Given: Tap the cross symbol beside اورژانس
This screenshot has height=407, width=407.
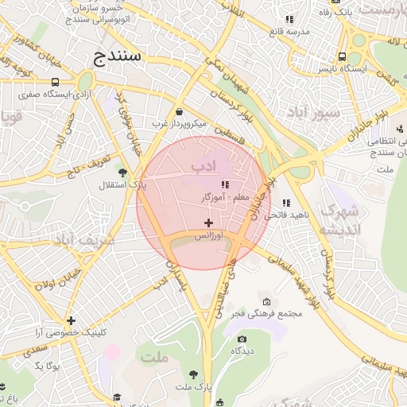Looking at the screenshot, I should [x=209, y=223].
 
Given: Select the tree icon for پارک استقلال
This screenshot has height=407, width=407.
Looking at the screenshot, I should [x=122, y=172].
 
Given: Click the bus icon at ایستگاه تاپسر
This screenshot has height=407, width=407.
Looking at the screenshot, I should [x=342, y=57].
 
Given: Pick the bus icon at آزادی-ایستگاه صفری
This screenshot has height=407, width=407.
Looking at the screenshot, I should [x=55, y=81].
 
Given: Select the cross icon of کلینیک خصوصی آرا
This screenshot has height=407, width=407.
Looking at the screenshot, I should [x=71, y=320].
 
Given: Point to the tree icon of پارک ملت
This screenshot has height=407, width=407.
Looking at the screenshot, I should [x=194, y=374].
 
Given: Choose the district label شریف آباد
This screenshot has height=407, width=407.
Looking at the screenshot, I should [x=84, y=238].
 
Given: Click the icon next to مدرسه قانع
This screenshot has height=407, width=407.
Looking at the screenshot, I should [x=290, y=19].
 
